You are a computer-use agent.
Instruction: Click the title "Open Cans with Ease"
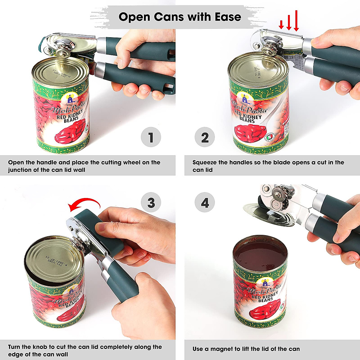tap(180, 17)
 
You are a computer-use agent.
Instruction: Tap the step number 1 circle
tap(151, 138)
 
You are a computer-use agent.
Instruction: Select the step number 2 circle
tap(205, 138)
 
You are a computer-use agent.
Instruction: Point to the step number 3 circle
tap(151, 203)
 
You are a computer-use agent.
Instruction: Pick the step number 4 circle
tap(205, 203)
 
